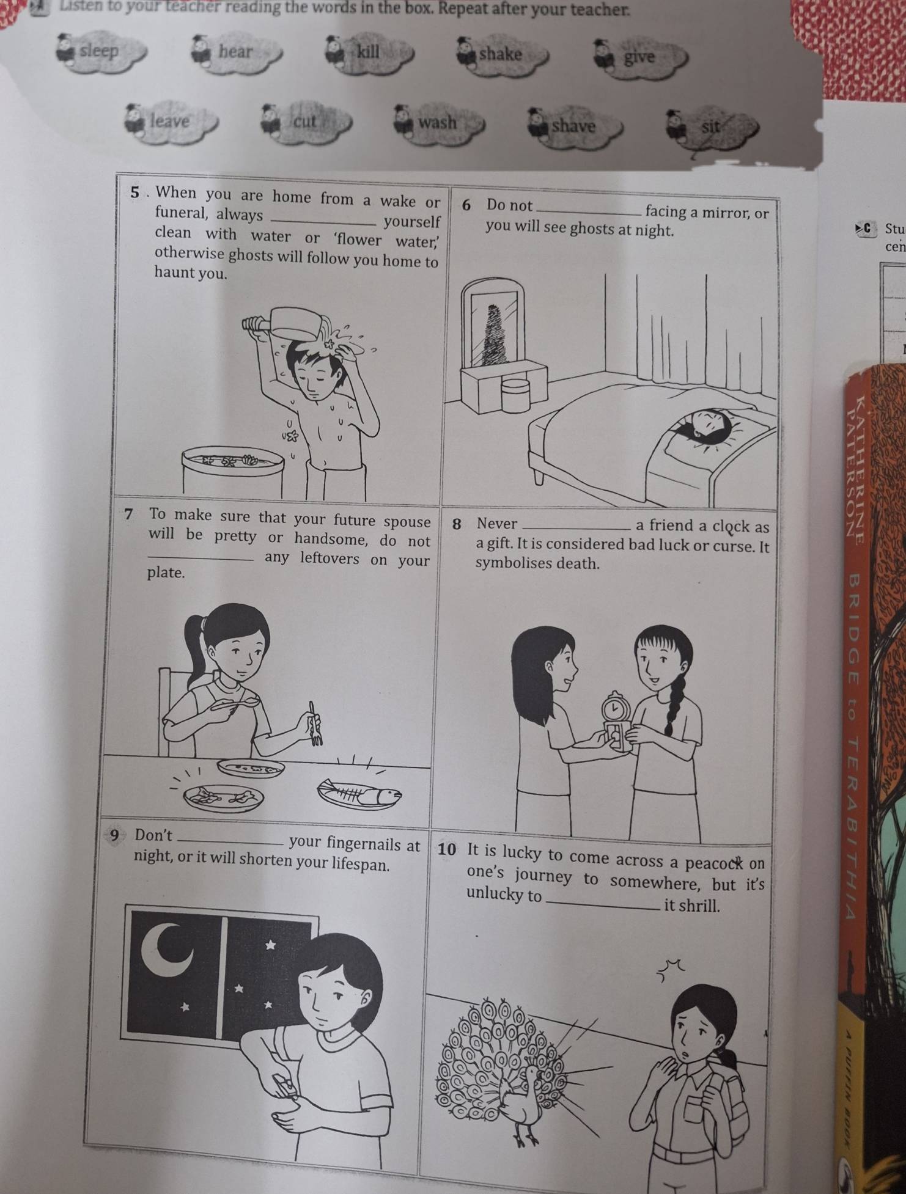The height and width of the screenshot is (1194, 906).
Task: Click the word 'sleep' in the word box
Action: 99,51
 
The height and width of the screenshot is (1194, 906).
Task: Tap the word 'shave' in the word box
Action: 573,126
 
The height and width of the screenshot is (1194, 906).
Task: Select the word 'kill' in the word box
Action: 369,51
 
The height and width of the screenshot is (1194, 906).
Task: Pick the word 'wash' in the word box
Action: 438,122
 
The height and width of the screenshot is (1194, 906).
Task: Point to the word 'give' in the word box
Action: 639,57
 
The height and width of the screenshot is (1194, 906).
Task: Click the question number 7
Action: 129,515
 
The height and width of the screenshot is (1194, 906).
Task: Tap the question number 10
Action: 447,849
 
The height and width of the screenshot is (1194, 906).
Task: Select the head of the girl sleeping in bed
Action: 704,425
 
